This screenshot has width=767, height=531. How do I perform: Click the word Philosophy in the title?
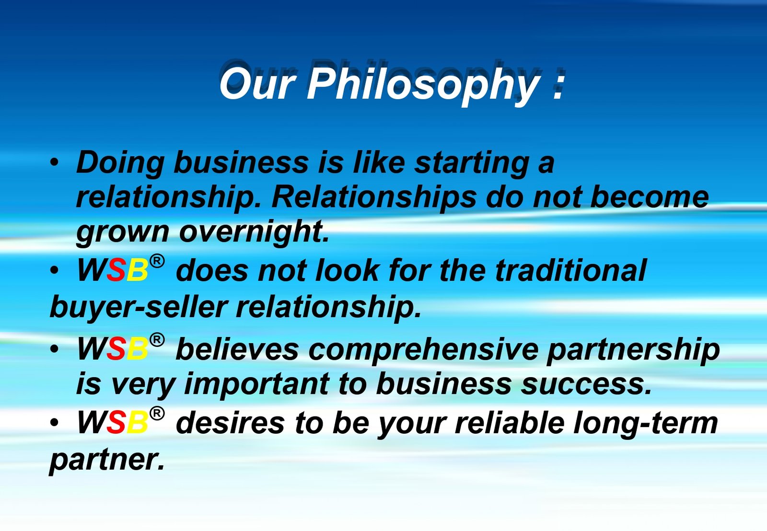coord(422,84)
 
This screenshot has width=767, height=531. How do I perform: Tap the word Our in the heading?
coord(257,83)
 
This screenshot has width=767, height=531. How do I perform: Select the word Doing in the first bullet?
coord(120,163)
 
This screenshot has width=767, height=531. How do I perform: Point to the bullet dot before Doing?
coord(54,163)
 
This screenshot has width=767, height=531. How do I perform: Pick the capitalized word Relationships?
coord(373,198)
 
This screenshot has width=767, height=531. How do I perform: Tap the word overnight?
coord(254,232)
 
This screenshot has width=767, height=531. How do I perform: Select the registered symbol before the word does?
coord(157,261)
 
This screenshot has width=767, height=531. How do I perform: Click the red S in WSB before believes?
coord(116,349)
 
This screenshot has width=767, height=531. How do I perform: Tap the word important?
coord(257,385)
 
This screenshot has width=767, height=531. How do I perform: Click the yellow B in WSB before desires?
coord(137,423)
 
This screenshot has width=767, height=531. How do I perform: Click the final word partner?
coord(107,460)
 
